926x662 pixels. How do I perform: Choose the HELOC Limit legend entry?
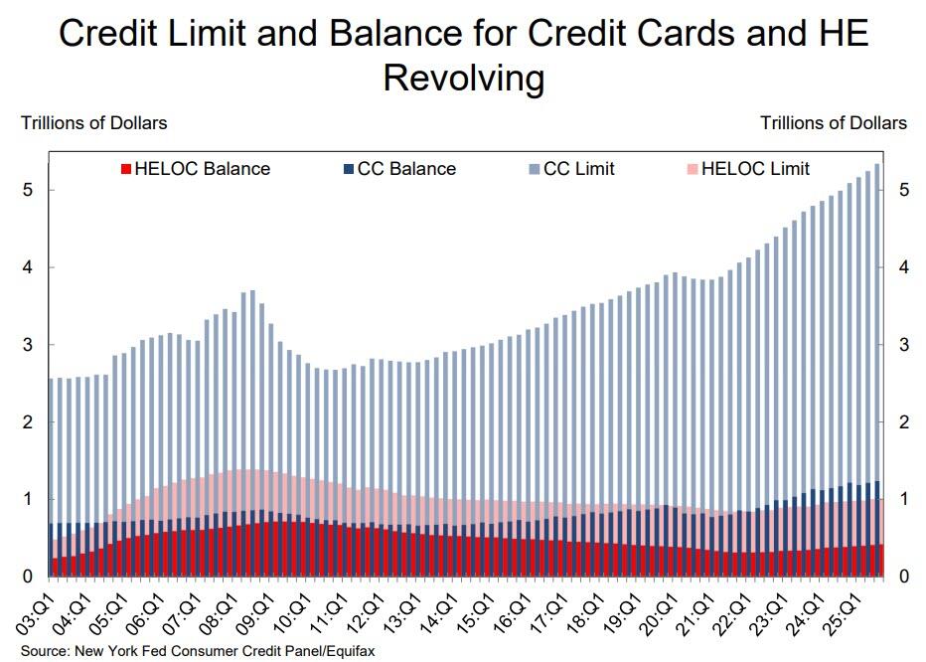tap(755, 169)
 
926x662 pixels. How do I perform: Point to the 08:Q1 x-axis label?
tap(219, 610)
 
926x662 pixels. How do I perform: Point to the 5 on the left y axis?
tap(26, 190)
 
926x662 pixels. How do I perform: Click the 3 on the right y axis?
tap(902, 345)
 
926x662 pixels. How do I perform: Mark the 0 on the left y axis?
tap(26, 577)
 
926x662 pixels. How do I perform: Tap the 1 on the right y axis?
tap(902, 499)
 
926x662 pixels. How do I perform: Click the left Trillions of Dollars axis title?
tap(94, 123)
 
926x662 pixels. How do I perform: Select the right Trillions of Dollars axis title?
tap(833, 123)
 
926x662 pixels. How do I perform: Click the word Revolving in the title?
tap(463, 78)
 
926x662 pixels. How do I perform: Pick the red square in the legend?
tap(124, 169)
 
